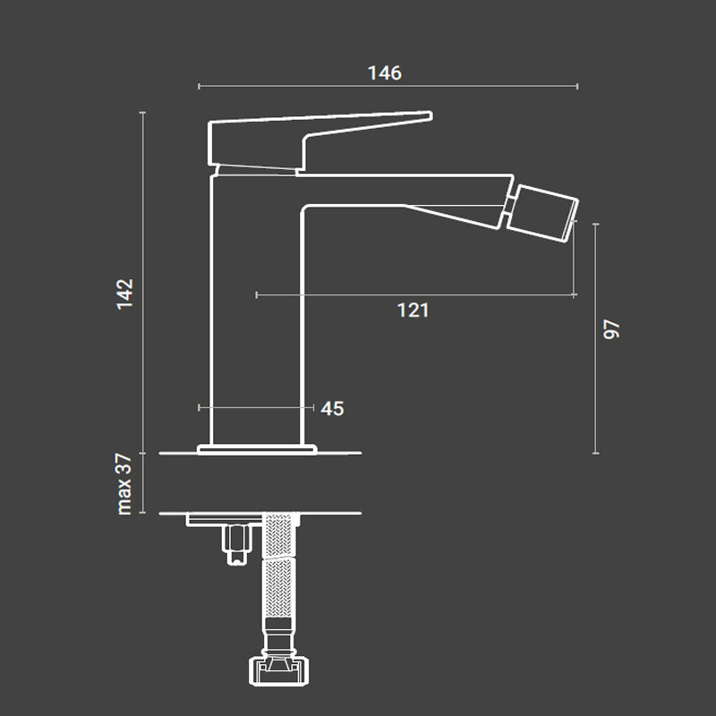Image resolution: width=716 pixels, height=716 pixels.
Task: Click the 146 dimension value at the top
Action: (385, 72)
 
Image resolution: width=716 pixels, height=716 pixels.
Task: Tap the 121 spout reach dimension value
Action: (413, 310)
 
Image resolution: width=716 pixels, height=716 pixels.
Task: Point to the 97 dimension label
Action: (612, 328)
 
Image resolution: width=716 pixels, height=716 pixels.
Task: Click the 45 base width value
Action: (332, 408)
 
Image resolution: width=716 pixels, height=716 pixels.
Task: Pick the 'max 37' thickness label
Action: (124, 483)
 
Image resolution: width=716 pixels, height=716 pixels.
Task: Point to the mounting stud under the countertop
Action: (235, 544)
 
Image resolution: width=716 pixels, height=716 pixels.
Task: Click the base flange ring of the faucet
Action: (257, 447)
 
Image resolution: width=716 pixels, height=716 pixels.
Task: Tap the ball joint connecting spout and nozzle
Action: (509, 209)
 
